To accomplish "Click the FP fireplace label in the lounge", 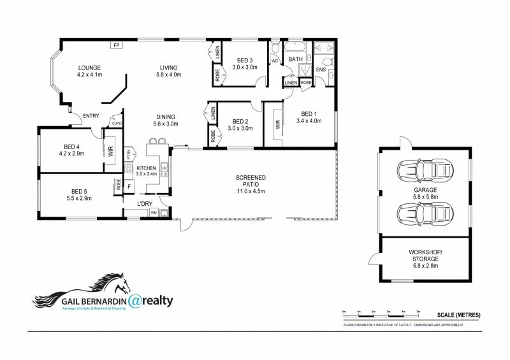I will pos(116,45).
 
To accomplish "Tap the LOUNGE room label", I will pos(90,68).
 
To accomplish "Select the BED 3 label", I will pos(244,60).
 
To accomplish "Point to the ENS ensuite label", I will pos(321,70).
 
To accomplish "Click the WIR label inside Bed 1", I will pos(277,125).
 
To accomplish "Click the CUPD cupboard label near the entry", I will pos(117,124).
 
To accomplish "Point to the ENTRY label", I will pos(81,115).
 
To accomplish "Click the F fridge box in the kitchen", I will pos(129,186).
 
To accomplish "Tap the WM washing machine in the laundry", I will pos(154,213).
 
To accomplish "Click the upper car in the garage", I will pos(425,170).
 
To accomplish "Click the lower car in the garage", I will pos(425,210).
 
